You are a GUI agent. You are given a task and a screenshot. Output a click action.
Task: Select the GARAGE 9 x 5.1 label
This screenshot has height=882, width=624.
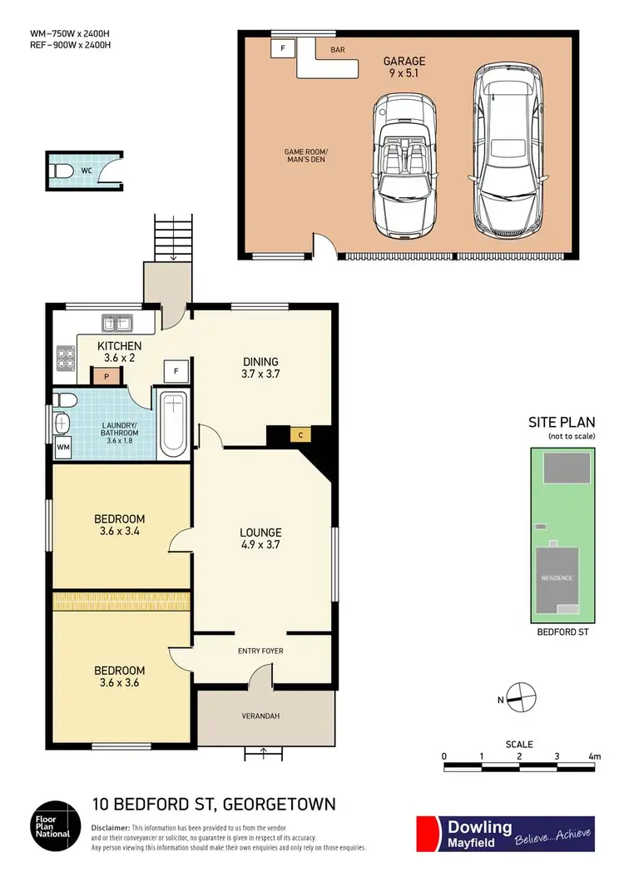tap(404, 67)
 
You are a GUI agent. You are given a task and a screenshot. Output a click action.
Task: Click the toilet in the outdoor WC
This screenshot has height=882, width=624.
tap(64, 171)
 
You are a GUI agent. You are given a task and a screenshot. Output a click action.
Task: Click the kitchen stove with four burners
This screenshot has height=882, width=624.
tap(65, 357)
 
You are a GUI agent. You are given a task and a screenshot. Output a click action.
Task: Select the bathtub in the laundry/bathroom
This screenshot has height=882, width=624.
tap(174, 424)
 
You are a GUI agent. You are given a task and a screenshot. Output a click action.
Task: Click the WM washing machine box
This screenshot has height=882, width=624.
tap(63, 449)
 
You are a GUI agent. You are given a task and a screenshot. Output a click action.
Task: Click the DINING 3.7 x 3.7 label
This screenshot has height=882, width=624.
tap(260, 368)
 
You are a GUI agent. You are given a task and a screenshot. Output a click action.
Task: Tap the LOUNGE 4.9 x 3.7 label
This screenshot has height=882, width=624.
tap(260, 538)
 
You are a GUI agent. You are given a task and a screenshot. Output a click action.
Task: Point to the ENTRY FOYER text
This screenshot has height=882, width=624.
tap(260, 651)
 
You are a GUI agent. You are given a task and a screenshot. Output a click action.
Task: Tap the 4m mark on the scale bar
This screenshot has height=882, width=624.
tap(593, 756)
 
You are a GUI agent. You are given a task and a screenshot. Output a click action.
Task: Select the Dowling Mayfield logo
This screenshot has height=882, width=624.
tap(505, 834)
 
